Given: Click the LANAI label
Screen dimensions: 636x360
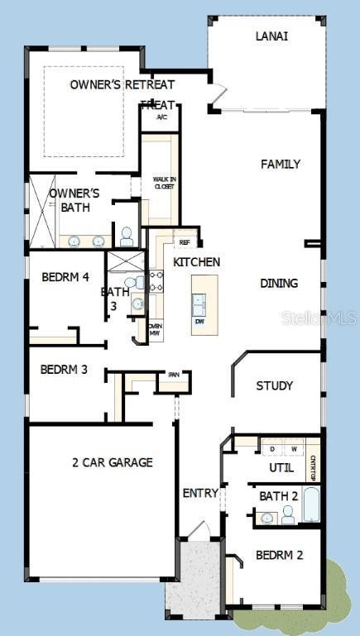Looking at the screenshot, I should point(271,36).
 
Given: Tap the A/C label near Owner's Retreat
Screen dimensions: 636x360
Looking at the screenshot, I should point(161,117).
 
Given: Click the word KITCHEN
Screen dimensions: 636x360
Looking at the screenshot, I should point(196,262).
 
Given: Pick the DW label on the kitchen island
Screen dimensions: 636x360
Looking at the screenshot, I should point(199,321).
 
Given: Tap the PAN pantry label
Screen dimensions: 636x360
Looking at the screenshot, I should point(174,374).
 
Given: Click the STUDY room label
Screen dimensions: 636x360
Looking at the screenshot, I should point(274,385).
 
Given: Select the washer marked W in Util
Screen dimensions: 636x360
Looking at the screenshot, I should point(293,450).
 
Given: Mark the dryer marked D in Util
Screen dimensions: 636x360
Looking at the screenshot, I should point(273,450).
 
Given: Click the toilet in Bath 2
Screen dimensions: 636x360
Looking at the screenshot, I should point(287,515).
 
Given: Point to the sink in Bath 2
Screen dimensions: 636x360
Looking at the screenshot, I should point(266,519).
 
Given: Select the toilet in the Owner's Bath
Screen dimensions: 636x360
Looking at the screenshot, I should point(127,237).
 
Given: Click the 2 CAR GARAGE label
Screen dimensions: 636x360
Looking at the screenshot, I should point(112,462).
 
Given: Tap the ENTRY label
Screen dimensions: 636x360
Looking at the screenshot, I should point(200,494).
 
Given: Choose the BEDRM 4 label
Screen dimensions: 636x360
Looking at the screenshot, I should point(65,277).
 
